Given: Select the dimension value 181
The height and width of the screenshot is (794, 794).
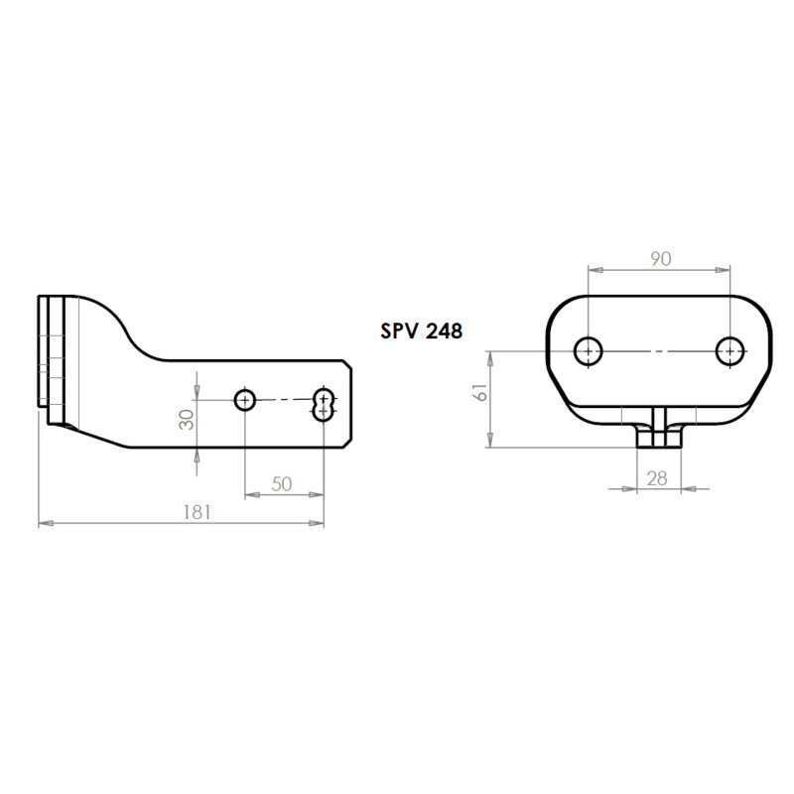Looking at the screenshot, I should (x=198, y=512).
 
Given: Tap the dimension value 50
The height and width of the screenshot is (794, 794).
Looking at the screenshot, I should (x=282, y=483).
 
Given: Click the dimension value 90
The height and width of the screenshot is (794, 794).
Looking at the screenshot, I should (x=660, y=258).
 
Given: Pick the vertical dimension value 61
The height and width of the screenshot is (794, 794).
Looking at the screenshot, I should (x=481, y=393).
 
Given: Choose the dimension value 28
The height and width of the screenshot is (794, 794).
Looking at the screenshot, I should (x=657, y=478).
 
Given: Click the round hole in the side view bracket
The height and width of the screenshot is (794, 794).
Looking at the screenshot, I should (x=245, y=400).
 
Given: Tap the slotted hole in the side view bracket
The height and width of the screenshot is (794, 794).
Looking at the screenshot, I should (x=324, y=404).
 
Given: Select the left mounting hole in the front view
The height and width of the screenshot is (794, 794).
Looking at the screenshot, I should (x=589, y=350).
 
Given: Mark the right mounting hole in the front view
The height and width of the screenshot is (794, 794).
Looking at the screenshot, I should (x=730, y=350).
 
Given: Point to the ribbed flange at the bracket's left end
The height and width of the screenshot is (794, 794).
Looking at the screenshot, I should (x=55, y=357).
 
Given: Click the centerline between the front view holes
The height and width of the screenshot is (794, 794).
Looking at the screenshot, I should (x=660, y=350).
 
